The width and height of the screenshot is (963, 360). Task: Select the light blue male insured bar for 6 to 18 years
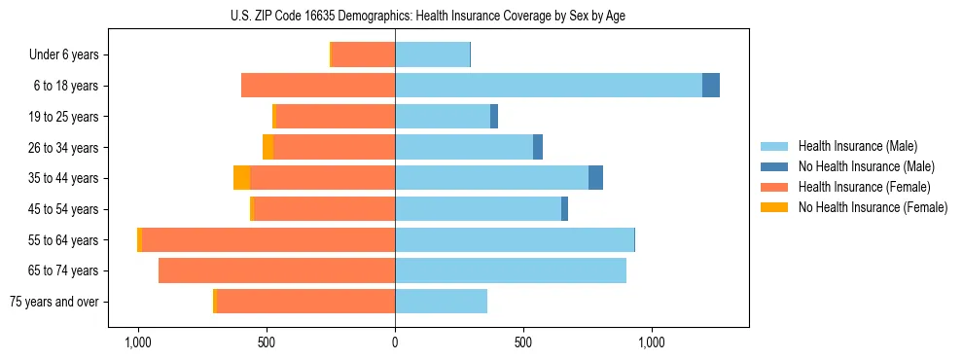[x=548, y=86]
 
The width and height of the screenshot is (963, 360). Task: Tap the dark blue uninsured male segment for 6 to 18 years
[x=711, y=86]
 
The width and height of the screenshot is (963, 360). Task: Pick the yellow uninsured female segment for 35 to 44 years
[x=241, y=178]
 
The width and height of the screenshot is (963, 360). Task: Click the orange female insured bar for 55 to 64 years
[x=268, y=239]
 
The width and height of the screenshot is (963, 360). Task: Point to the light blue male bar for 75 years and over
[x=441, y=302]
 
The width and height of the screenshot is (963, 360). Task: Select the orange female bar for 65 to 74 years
[x=276, y=270]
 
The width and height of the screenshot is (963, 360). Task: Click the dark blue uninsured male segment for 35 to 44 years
[x=595, y=178]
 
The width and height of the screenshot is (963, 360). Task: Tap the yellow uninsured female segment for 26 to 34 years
[x=267, y=147]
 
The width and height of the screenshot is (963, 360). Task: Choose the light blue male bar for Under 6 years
[x=432, y=54]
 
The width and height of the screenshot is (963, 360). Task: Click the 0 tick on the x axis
[x=395, y=342]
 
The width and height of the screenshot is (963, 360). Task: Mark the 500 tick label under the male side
[x=523, y=342]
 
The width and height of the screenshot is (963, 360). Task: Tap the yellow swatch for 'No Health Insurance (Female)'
[x=775, y=207]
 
